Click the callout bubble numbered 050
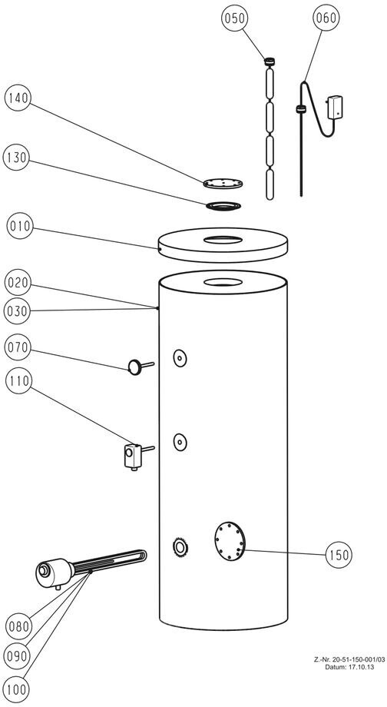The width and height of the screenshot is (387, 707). click(x=235, y=18)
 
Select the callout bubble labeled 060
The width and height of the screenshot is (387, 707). click(x=326, y=18)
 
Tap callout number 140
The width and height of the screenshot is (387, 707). click(x=18, y=98)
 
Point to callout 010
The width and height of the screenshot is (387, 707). click(x=20, y=226)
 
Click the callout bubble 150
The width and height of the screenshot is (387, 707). click(x=339, y=555)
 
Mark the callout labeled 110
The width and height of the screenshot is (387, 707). click(x=18, y=381)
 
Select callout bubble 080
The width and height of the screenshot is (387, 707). click(x=18, y=626)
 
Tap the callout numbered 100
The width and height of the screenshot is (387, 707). click(x=17, y=689)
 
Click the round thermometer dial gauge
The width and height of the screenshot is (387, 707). click(x=134, y=367)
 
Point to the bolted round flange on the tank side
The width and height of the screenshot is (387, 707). click(x=230, y=541)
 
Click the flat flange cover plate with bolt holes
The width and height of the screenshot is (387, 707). click(x=223, y=183)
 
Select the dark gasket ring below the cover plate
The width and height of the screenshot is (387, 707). click(x=223, y=206)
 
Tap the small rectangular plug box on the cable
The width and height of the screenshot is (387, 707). click(x=336, y=108)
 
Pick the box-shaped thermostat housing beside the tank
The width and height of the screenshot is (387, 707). click(x=133, y=456)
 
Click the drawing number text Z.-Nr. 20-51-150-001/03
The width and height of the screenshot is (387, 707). click(x=349, y=659)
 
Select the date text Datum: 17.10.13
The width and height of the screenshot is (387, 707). click(x=349, y=667)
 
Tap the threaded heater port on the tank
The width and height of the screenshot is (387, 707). click(x=180, y=548)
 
